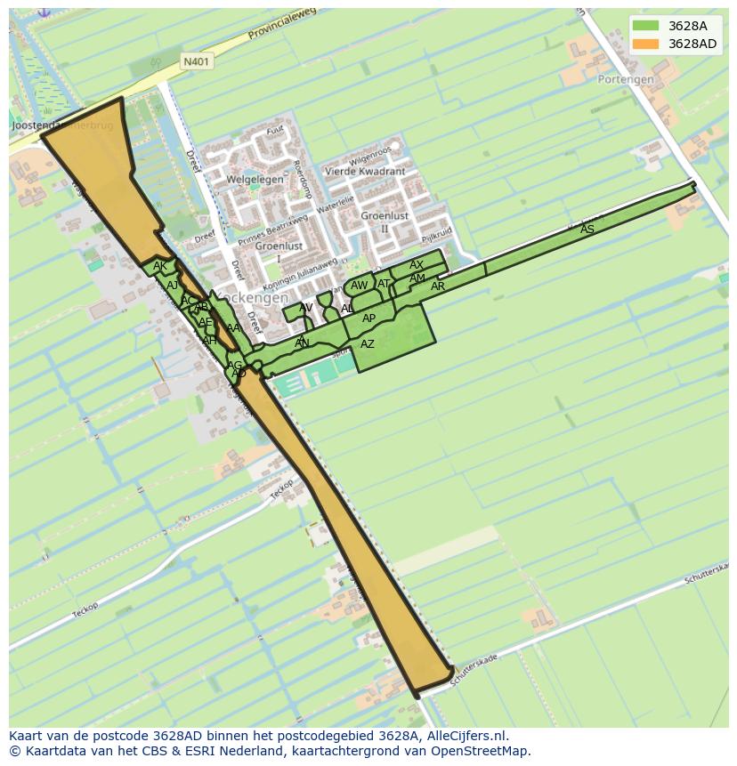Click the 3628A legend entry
click(x=675, y=26)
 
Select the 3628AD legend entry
click(x=675, y=44)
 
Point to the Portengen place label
click(x=626, y=79)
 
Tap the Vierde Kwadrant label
click(x=365, y=171)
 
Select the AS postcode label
click(x=587, y=230)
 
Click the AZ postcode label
click(x=368, y=344)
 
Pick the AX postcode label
click(x=417, y=265)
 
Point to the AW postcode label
click(x=359, y=286)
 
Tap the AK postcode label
click(x=159, y=266)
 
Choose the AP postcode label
click(x=369, y=318)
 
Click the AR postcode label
click(x=438, y=286)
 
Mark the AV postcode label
click(x=306, y=308)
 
